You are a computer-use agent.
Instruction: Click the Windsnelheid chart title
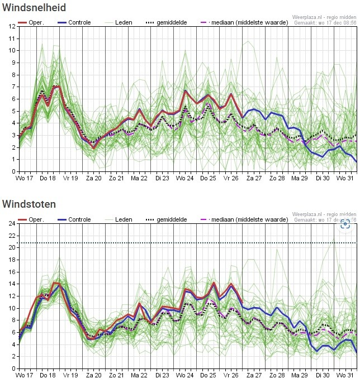(x=34, y=8)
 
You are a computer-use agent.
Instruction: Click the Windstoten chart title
(x=29, y=204)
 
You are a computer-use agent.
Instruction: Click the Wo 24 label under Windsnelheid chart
(x=185, y=179)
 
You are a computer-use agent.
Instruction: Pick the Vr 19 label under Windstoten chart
(x=70, y=376)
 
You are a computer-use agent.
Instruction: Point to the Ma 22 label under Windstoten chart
(x=139, y=376)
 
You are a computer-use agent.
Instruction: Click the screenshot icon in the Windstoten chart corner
(x=345, y=223)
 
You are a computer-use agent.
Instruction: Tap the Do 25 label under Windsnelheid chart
(x=208, y=179)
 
